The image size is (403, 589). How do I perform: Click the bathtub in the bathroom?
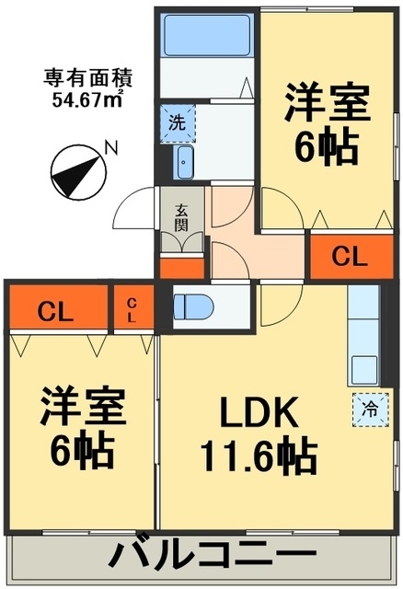[x=207, y=35]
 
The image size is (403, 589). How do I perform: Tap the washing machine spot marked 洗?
[x=178, y=123]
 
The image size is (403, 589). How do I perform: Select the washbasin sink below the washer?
[x=184, y=162]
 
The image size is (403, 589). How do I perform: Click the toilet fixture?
[x=193, y=306]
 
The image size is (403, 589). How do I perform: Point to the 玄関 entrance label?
[x=181, y=217]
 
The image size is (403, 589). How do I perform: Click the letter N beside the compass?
[x=111, y=147]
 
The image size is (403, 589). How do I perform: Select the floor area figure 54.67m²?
[x=88, y=98]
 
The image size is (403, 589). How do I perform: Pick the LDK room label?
[x=259, y=412]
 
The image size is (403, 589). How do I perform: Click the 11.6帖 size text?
[x=259, y=455]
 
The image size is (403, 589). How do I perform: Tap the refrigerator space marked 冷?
[x=370, y=410]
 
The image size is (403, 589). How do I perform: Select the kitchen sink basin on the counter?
[x=364, y=369]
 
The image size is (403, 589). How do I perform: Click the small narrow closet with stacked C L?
[x=133, y=306]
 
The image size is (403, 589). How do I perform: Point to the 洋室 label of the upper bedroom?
[x=328, y=102]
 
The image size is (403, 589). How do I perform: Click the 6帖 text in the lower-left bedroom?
[x=82, y=450]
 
